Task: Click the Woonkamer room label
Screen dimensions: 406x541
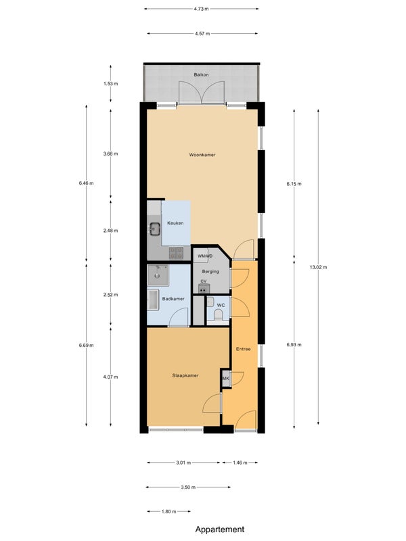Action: (202, 155)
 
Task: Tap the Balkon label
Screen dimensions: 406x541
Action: (201, 74)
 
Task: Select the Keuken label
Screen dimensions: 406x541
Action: (175, 223)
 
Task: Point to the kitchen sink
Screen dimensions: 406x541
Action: (154, 228)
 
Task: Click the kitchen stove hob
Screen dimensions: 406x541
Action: (176, 253)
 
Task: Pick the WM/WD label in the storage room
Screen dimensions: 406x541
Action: (205, 256)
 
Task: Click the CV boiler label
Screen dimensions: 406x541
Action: (204, 281)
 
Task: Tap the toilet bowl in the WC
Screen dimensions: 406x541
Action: (218, 315)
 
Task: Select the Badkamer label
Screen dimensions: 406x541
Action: (173, 299)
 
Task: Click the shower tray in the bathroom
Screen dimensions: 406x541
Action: (158, 275)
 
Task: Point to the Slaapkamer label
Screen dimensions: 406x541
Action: (185, 375)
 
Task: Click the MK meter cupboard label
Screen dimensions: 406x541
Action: (226, 379)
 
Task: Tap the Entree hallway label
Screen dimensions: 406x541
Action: (244, 349)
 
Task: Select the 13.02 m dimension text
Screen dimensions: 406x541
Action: (318, 267)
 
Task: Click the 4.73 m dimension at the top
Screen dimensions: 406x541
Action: (201, 9)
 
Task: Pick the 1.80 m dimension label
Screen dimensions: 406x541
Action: (168, 512)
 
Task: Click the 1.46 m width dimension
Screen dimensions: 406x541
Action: (240, 463)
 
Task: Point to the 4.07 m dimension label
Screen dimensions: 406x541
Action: (110, 377)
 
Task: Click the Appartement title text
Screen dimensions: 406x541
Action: (220, 530)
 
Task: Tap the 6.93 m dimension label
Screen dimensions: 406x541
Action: (294, 345)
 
